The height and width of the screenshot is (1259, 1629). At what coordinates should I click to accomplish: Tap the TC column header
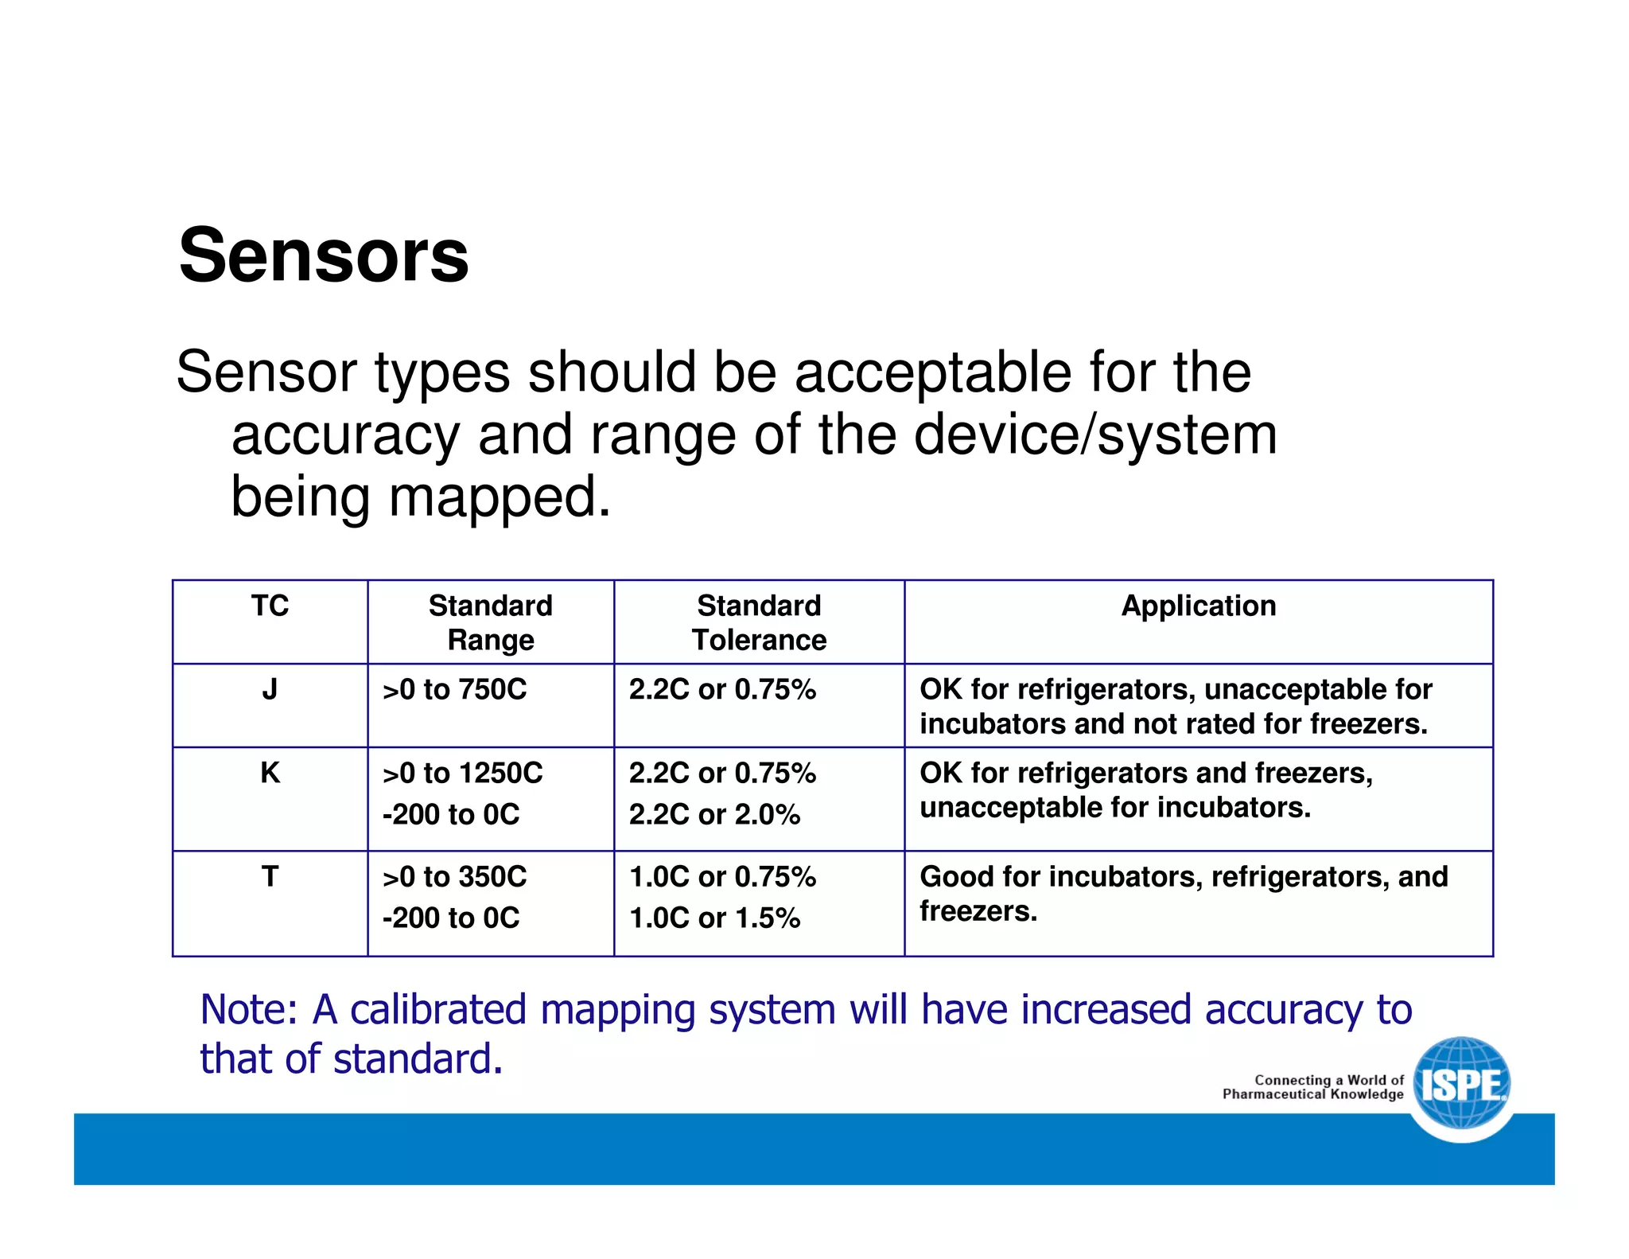point(270,606)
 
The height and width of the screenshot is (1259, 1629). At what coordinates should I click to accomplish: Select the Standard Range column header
point(490,622)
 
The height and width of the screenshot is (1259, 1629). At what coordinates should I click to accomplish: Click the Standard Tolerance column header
point(759,622)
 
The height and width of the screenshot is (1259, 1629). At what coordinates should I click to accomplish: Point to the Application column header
point(1198,606)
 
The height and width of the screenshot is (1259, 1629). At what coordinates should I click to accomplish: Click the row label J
point(270,688)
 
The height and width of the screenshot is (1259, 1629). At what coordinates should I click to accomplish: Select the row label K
point(270,772)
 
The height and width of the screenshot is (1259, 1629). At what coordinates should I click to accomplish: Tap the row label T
point(270,876)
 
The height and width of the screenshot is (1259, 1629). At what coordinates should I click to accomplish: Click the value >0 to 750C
point(454,689)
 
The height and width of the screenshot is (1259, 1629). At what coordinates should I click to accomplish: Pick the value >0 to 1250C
point(462,773)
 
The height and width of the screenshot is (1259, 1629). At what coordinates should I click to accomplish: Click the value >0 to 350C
point(454,876)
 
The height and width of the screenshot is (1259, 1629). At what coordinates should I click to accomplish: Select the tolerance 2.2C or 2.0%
point(713,814)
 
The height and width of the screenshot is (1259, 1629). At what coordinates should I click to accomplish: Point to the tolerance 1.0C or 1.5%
point(713,918)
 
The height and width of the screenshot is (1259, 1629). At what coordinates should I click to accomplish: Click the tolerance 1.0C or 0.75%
point(721,876)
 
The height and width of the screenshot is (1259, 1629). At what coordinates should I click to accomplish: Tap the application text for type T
point(1183,893)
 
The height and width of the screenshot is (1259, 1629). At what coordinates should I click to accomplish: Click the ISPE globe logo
point(1462,1084)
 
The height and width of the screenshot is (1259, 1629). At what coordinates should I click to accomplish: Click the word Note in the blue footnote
point(247,1009)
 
